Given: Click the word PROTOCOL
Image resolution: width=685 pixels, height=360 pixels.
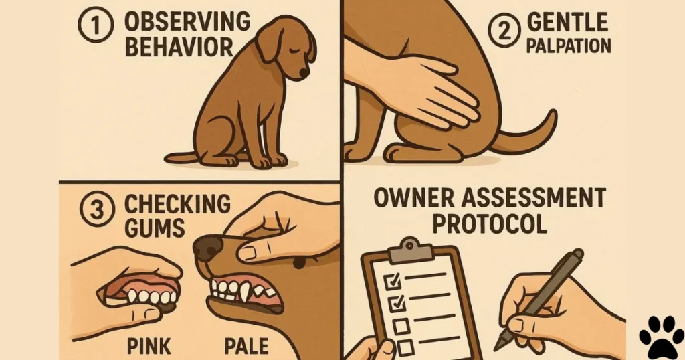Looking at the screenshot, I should pyautogui.click(x=489, y=223).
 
